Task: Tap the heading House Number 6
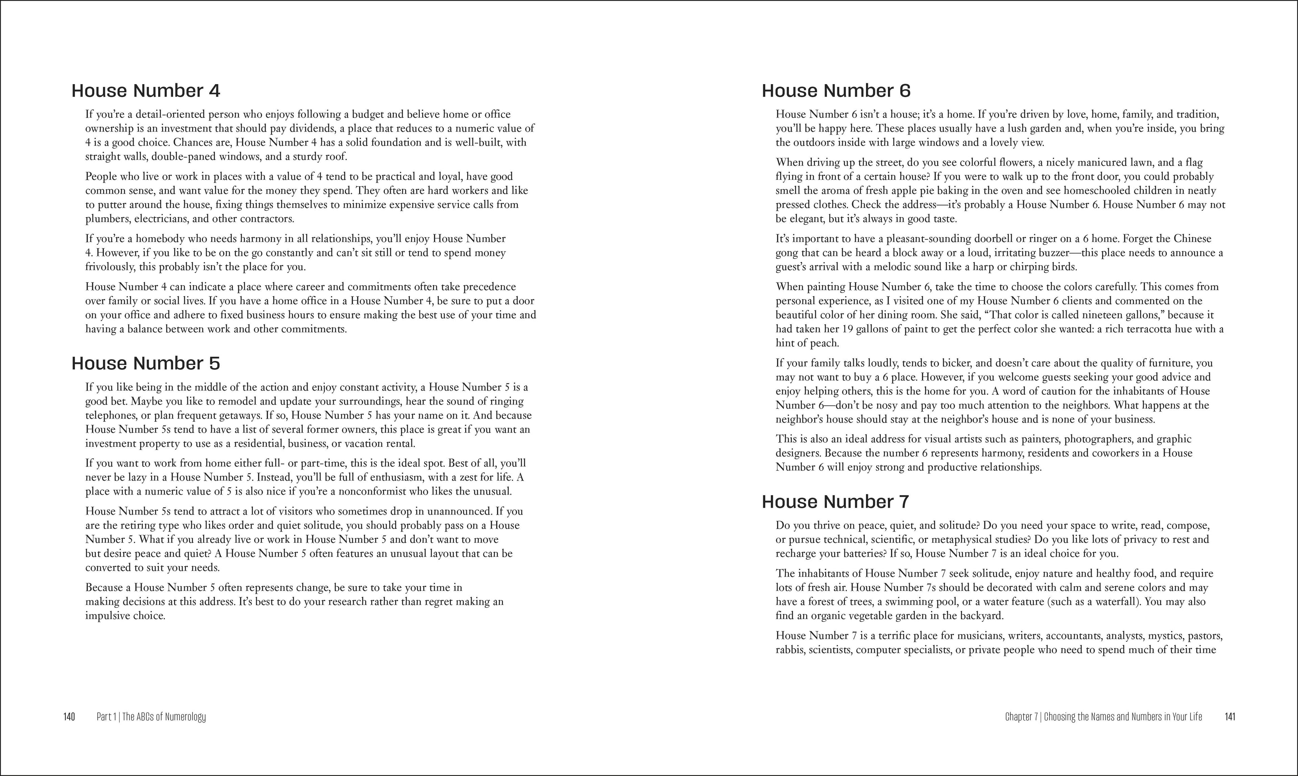pos(836,91)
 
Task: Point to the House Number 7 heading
pos(835,502)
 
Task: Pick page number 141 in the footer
pos(1230,717)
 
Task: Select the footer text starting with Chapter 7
pos(1103,717)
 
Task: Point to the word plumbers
pos(106,219)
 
